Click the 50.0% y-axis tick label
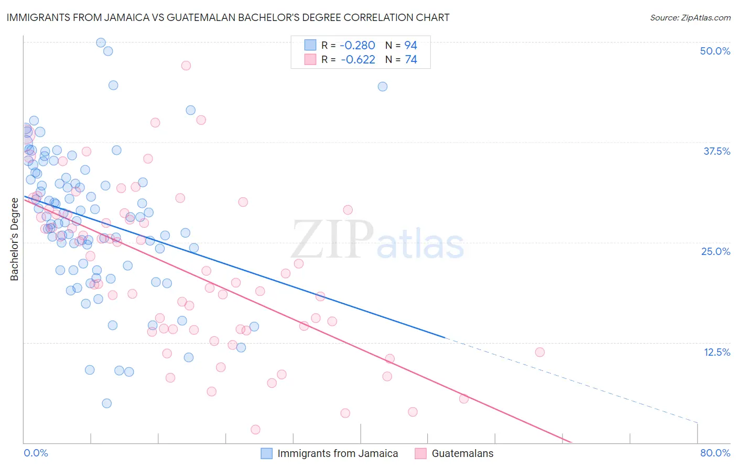click(x=715, y=51)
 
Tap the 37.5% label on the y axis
click(x=717, y=151)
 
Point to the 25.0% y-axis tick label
click(x=716, y=251)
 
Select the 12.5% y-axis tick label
click(x=717, y=352)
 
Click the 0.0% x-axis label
click(x=36, y=453)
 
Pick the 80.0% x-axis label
click(x=715, y=453)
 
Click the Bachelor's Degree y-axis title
click(x=14, y=239)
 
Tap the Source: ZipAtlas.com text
click(x=690, y=18)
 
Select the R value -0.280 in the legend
click(x=358, y=46)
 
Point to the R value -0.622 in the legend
click(x=358, y=60)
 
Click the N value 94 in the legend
click(x=410, y=46)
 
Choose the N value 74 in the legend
click(x=410, y=60)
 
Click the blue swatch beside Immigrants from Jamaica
click(x=266, y=453)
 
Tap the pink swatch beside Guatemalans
click(x=420, y=453)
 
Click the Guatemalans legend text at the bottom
click(x=462, y=453)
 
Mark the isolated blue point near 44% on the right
click(x=383, y=87)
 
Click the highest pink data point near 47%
click(x=186, y=66)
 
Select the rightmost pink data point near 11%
click(x=539, y=352)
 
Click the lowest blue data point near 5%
click(x=106, y=403)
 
